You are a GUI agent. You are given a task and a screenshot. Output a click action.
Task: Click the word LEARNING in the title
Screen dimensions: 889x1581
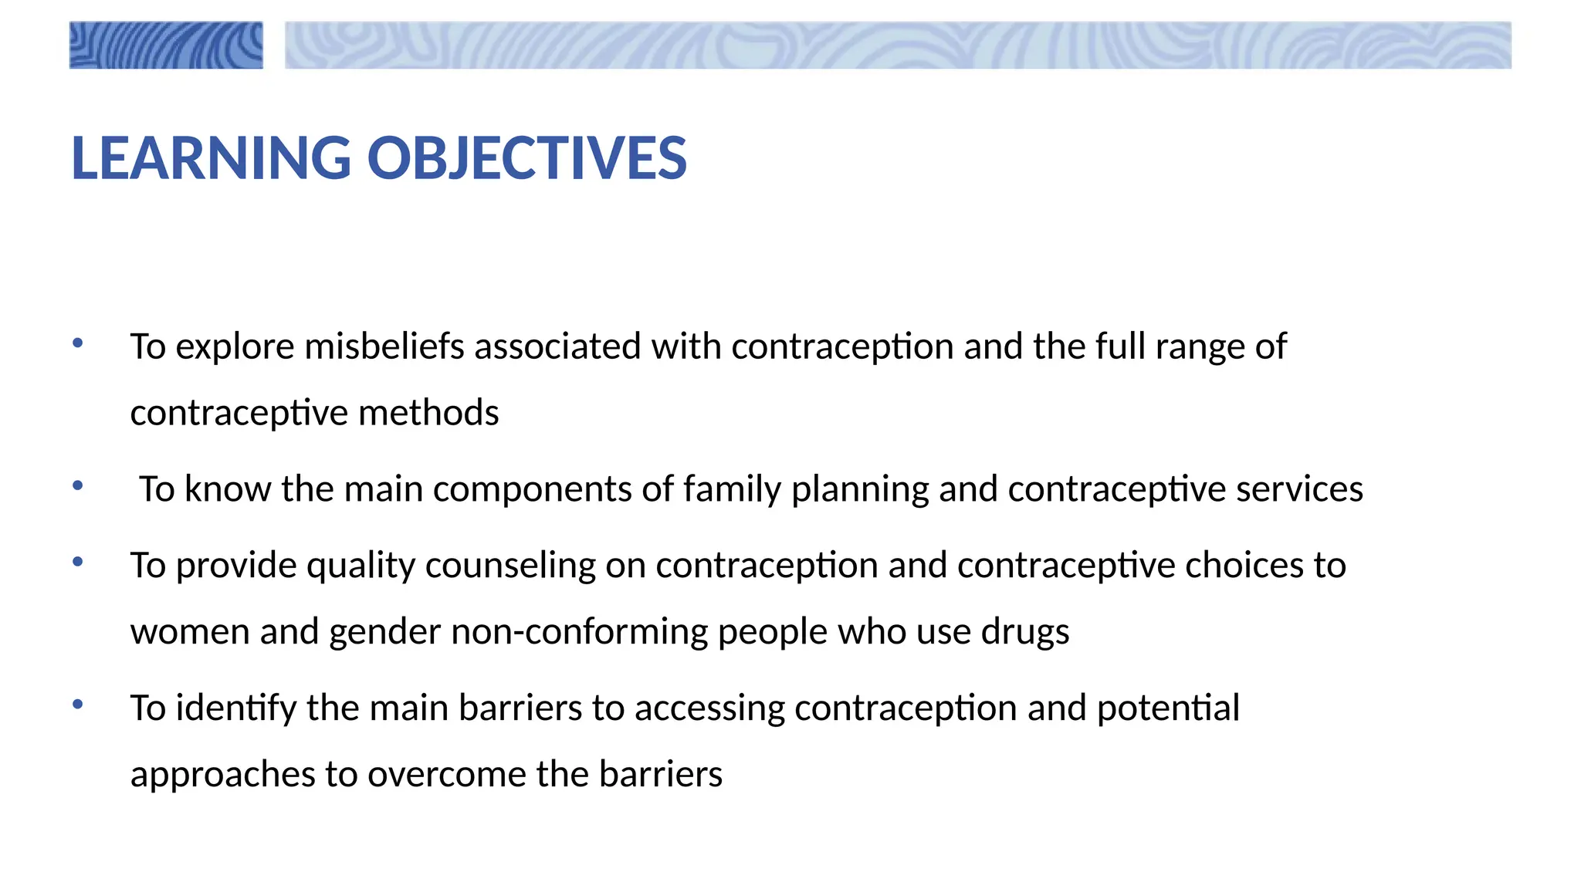(x=211, y=158)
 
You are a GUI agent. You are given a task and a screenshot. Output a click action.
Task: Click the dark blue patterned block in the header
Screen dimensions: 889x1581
(x=166, y=46)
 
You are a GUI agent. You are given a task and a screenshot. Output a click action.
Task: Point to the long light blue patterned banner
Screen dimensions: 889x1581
(x=898, y=46)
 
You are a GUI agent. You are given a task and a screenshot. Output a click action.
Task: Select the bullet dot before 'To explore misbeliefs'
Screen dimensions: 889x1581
(x=77, y=343)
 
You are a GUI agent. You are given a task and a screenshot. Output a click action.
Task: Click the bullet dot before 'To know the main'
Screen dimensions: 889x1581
(x=77, y=486)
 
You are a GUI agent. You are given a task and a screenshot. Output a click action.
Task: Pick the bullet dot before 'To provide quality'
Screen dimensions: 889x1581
(x=77, y=563)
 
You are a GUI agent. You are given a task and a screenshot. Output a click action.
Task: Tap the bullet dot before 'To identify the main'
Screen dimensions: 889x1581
(x=77, y=705)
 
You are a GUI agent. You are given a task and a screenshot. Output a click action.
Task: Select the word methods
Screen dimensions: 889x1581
(x=428, y=413)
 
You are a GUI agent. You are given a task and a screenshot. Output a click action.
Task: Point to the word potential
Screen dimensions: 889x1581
(x=1168, y=708)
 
